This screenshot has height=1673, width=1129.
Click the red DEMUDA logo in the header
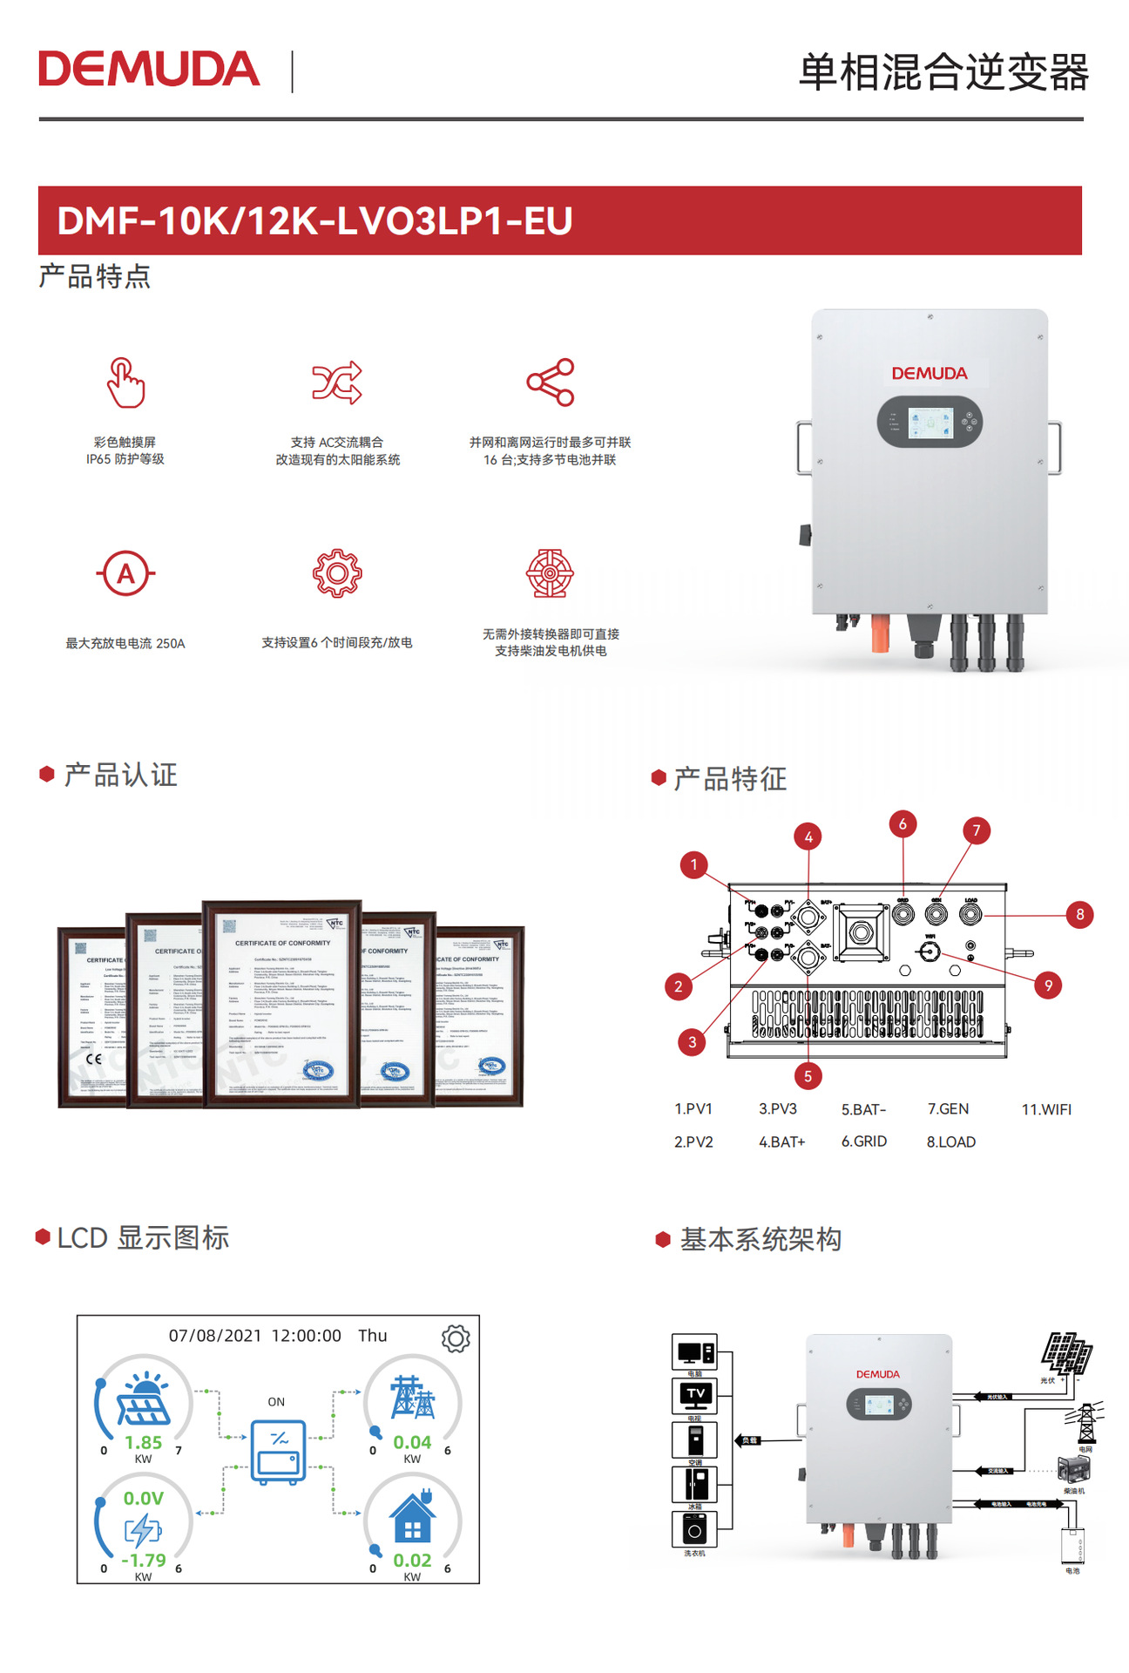coord(149,70)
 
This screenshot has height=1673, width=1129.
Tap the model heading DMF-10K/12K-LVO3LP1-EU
coord(314,220)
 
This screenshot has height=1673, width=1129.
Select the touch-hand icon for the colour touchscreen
coord(125,383)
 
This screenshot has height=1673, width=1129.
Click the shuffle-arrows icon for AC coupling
coord(337,382)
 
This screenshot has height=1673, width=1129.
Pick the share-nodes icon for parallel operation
coord(551,382)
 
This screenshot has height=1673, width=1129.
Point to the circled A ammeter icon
coord(125,573)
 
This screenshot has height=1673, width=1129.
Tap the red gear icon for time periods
coord(337,573)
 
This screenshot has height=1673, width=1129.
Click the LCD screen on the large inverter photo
coord(930,423)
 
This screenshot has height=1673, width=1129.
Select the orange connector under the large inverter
coord(880,633)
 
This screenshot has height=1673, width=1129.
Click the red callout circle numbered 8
coord(1079,914)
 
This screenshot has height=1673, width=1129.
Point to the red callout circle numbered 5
coord(808,1076)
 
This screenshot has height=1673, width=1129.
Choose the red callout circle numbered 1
coord(693,865)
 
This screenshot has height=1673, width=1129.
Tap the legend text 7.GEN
coord(948,1109)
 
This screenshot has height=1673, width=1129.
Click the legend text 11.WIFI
coord(1046,1109)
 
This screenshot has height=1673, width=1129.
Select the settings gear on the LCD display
coord(456,1338)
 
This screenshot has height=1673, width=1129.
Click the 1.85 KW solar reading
coord(143,1443)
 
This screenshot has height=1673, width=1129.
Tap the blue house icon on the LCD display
coord(412,1518)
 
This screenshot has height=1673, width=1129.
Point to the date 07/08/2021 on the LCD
coord(215,1336)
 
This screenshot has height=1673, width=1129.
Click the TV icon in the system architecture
coord(695,1394)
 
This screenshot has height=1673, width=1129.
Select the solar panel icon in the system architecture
coord(1067,1353)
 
